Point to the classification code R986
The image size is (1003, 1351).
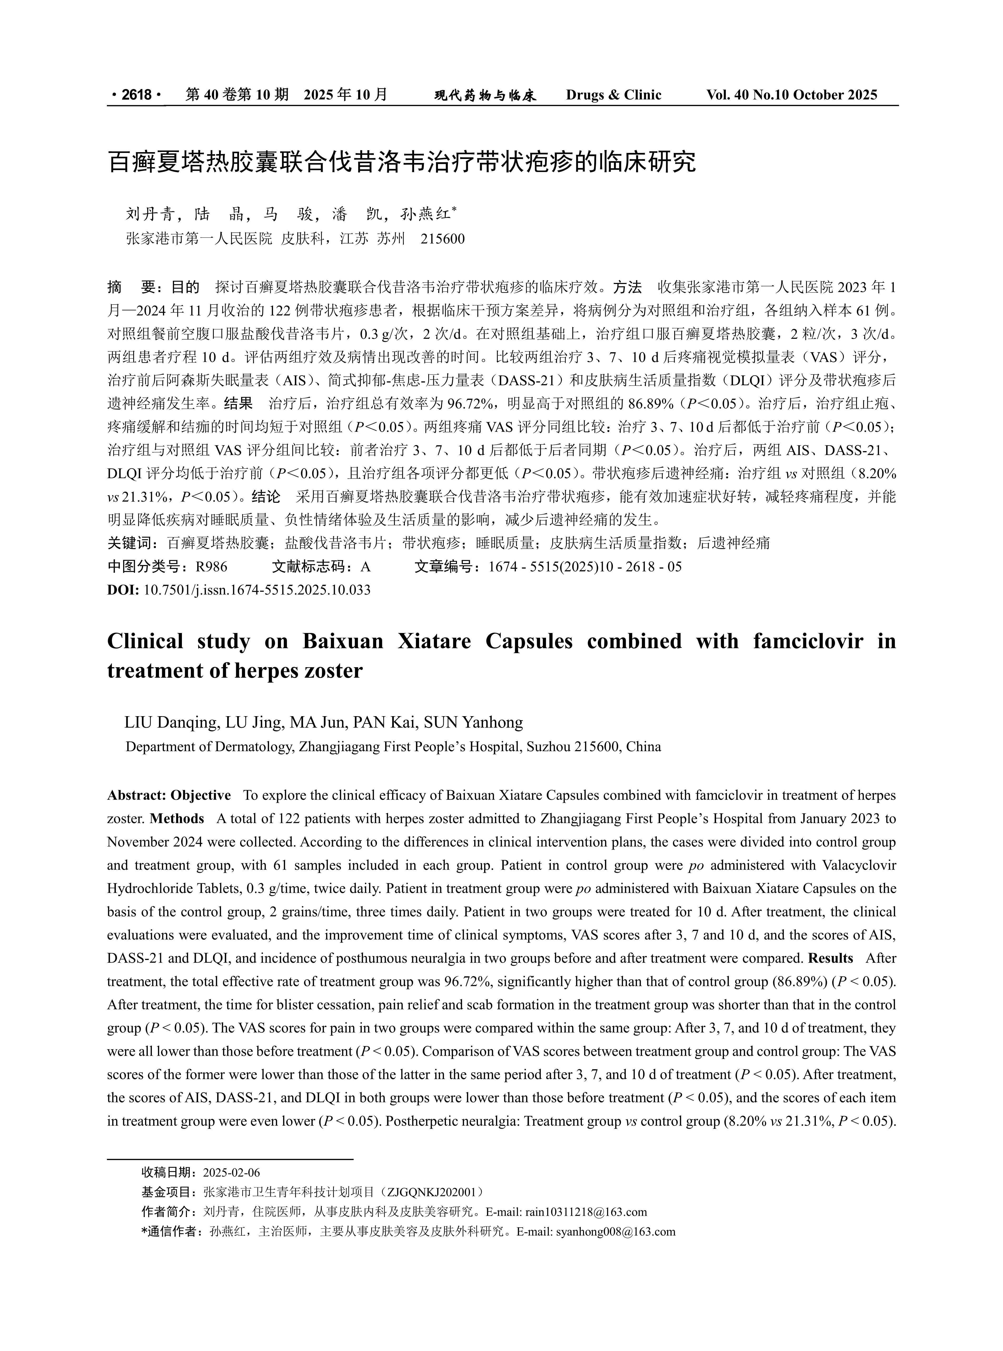[211, 567]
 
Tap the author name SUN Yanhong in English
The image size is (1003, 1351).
[473, 722]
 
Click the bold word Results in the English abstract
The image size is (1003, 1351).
[831, 958]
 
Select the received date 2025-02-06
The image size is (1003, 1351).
[231, 1173]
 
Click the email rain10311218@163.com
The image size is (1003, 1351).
[586, 1213]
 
